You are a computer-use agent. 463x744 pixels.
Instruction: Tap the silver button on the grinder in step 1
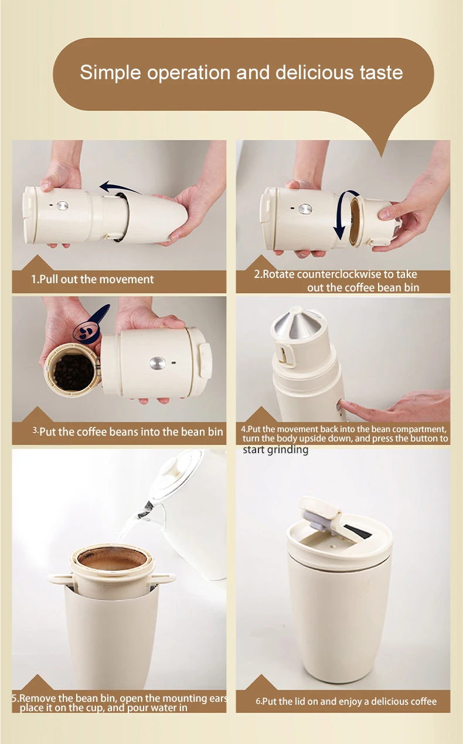[x=62, y=206]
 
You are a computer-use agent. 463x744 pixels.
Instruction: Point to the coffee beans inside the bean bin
[x=73, y=372]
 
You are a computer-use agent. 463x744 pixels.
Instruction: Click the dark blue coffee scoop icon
[x=91, y=323]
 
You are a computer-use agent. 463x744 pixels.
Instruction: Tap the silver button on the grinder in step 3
[x=157, y=363]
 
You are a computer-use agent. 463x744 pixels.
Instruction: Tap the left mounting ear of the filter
[x=60, y=578]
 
